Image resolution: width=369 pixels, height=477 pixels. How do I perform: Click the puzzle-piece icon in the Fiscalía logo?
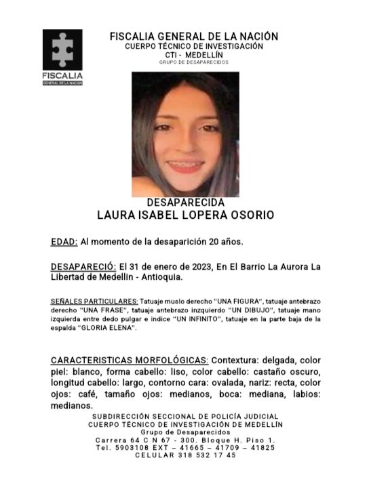pyautogui.click(x=62, y=49)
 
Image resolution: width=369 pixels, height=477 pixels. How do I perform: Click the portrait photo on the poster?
pyautogui.click(x=184, y=134)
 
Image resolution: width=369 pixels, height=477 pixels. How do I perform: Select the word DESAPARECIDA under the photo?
pyautogui.click(x=185, y=203)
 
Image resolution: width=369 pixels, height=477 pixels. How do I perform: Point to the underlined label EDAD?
pyautogui.click(x=64, y=241)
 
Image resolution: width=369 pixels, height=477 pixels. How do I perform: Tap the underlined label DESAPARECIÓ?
pyautogui.click(x=82, y=266)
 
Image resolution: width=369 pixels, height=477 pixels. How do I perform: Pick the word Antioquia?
pyautogui.click(x=161, y=277)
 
